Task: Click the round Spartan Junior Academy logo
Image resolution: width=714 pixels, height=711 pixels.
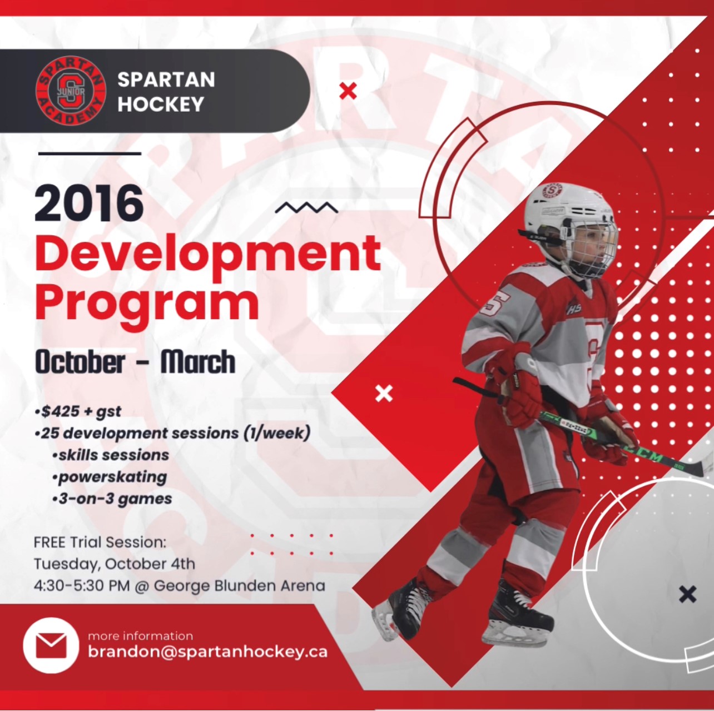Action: pos(71,91)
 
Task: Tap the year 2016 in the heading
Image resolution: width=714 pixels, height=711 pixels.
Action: pos(89,203)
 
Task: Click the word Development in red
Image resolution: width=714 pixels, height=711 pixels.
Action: pos(208,253)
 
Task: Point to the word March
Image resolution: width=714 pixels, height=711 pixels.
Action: pos(198,362)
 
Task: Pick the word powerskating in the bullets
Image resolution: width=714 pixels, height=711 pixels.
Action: pos(113,477)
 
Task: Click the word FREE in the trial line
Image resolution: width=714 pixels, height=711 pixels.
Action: pos(49,542)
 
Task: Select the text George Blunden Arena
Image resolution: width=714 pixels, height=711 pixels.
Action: pos(240,585)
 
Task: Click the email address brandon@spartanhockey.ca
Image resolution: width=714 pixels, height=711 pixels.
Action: pos(207,652)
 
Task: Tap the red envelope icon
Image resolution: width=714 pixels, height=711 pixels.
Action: pos(51,645)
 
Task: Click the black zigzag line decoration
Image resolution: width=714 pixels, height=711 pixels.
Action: pos(306,208)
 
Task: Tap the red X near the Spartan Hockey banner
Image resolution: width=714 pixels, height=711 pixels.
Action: pos(348,91)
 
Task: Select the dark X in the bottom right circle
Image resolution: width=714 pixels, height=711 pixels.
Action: pos(688,594)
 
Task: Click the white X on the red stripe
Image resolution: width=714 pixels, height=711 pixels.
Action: pos(384,394)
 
